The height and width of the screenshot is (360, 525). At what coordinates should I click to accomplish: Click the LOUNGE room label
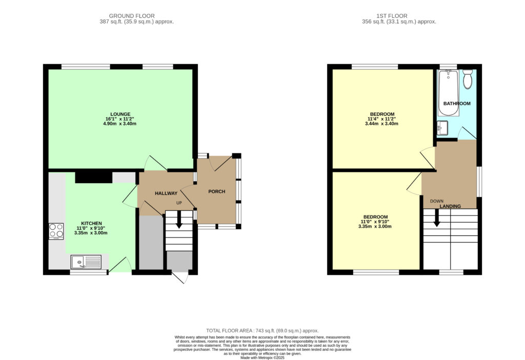[120, 114]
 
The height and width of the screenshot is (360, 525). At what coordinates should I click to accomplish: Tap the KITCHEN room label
[91, 224]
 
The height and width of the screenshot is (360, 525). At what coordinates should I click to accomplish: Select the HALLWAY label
[166, 193]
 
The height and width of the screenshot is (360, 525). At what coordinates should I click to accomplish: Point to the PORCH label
[217, 192]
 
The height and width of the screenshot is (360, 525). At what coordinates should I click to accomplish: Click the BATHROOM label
[457, 104]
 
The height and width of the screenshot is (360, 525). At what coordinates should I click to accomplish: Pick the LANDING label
[450, 206]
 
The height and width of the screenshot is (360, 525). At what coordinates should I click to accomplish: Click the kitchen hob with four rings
[56, 231]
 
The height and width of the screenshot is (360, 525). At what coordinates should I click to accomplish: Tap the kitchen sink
[86, 262]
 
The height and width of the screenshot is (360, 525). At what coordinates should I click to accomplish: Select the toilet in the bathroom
[468, 79]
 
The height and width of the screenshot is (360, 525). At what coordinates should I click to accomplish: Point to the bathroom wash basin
[442, 128]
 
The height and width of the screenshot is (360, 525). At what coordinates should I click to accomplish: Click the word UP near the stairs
[179, 203]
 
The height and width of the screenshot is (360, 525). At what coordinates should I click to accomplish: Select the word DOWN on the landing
[437, 201]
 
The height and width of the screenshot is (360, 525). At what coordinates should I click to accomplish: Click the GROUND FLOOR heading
[132, 16]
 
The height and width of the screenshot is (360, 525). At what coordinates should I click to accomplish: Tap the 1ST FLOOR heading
[392, 16]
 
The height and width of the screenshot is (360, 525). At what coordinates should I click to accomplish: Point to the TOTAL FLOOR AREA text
[262, 331]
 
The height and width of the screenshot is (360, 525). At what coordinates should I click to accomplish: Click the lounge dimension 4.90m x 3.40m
[120, 124]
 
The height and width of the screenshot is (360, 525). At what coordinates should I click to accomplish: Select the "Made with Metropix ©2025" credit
[262, 357]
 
